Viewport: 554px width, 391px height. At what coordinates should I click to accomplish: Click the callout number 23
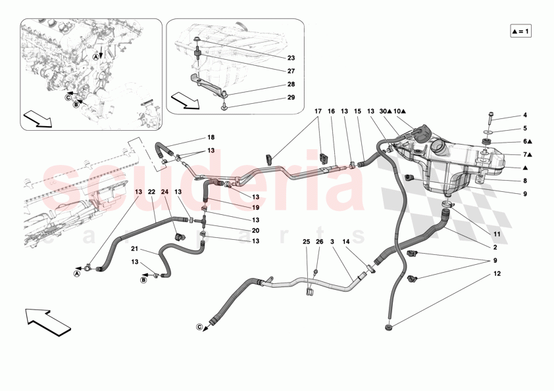pyautogui.click(x=291, y=57)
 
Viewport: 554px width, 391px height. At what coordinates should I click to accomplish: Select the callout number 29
pyautogui.click(x=291, y=97)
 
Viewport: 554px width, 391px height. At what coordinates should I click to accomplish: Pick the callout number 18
pyautogui.click(x=211, y=137)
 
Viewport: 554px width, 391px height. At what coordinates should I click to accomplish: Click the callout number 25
pyautogui.click(x=306, y=242)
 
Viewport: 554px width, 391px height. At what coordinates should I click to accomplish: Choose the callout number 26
pyautogui.click(x=320, y=242)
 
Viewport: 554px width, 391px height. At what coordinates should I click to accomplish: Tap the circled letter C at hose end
pyautogui.click(x=200, y=327)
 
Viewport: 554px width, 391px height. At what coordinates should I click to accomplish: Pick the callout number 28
pyautogui.click(x=291, y=84)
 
